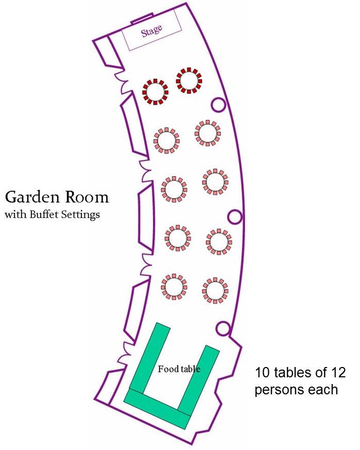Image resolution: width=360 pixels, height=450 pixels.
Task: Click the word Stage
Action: point(152,31)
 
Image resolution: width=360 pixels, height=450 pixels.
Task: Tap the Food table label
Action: point(179,369)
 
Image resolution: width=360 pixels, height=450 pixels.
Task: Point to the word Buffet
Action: point(46,214)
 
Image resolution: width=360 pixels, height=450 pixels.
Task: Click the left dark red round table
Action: point(155,92)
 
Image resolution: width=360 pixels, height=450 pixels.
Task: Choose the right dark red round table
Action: point(188,80)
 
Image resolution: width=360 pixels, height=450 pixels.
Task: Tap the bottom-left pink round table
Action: point(174,286)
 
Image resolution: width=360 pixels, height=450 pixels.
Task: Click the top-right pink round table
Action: point(208,133)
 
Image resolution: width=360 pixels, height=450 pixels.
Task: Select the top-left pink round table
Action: point(166,140)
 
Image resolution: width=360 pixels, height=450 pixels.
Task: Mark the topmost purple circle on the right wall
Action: point(218,105)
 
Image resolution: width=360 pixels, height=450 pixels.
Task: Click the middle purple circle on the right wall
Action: point(235,216)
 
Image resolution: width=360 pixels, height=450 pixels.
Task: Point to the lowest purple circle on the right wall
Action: point(224,327)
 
